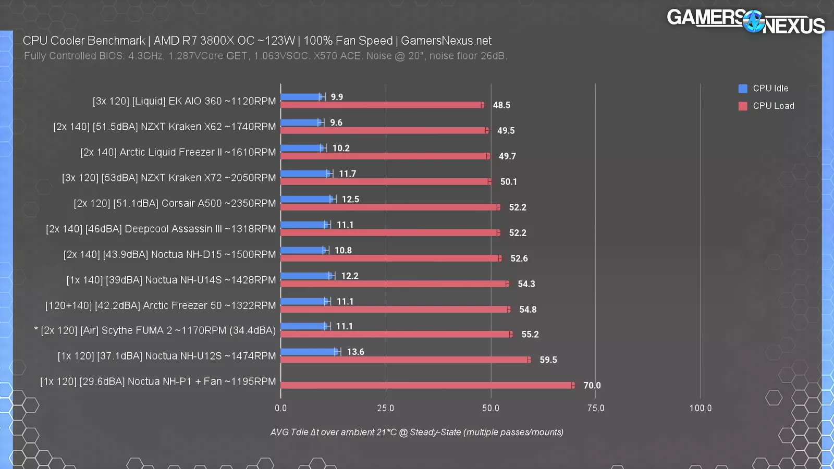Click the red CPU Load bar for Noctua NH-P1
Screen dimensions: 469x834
(426, 385)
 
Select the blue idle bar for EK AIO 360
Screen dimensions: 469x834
(301, 97)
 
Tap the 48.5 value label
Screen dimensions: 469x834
(501, 105)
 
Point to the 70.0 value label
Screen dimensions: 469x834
(592, 386)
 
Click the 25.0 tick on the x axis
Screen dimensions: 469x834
(386, 408)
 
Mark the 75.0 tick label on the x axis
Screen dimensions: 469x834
(596, 408)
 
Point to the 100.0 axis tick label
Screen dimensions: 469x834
(700, 408)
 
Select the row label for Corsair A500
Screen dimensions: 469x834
(175, 203)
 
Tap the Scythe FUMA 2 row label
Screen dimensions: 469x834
(155, 330)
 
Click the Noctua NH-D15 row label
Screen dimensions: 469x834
(169, 254)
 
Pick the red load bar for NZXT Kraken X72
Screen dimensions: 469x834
(386, 181)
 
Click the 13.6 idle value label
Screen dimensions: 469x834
(355, 352)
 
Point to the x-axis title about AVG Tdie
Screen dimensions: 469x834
(416, 432)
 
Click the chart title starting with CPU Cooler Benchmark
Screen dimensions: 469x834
(257, 41)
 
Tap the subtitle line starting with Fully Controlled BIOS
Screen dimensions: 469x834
(265, 56)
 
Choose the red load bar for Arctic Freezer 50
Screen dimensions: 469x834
(395, 309)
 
